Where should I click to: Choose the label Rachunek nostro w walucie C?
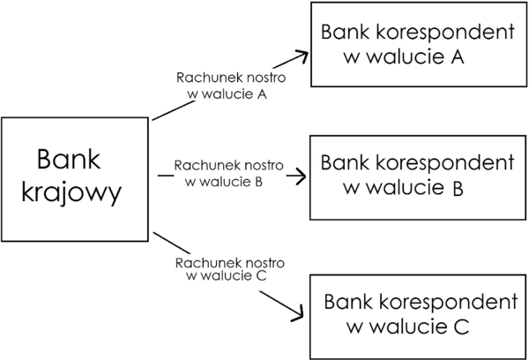(228, 269)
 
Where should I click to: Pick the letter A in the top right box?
(458, 57)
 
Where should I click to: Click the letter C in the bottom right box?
(462, 327)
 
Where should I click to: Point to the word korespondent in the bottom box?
(449, 303)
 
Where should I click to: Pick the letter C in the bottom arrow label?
(261, 275)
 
